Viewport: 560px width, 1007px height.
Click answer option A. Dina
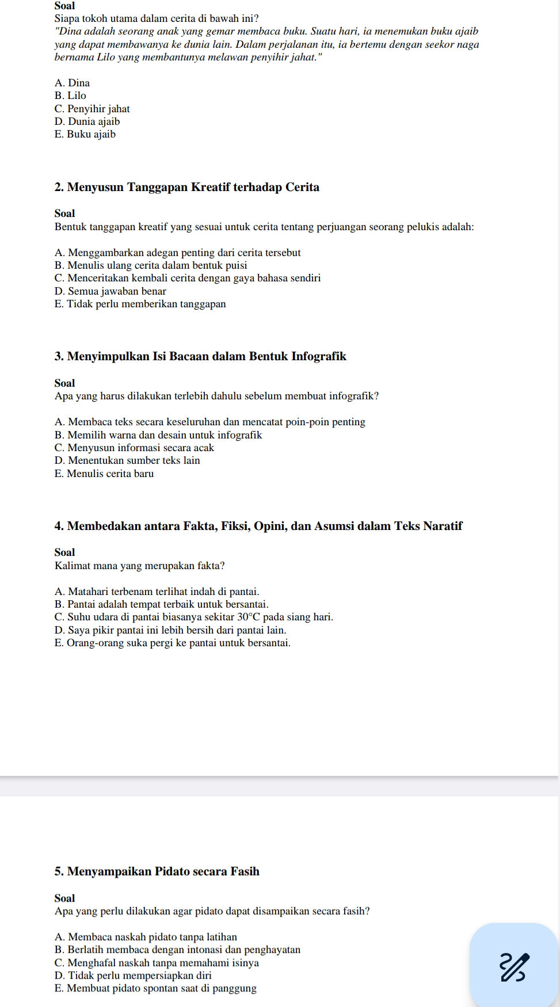tap(72, 83)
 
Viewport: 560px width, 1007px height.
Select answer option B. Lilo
tap(70, 96)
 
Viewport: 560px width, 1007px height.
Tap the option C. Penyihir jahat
tap(92, 109)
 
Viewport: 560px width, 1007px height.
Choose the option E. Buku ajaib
tap(85, 134)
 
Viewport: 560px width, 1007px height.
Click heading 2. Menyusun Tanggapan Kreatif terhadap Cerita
tap(186, 187)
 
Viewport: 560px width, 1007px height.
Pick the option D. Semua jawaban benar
tap(110, 291)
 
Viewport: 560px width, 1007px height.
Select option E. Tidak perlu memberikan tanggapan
tap(140, 304)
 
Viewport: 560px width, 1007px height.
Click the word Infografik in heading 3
tap(318, 356)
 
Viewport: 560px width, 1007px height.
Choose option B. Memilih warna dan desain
tap(158, 435)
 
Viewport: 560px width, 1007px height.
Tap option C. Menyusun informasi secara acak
tap(134, 448)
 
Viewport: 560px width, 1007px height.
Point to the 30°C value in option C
tap(249, 617)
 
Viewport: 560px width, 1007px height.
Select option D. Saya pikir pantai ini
tap(170, 630)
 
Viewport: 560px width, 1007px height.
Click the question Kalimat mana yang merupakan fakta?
tap(139, 566)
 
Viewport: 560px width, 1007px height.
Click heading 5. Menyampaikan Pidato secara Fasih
tap(157, 871)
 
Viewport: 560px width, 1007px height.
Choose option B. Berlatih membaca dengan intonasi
tap(177, 949)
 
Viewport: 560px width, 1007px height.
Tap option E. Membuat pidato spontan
tap(155, 988)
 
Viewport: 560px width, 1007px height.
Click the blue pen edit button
tap(513, 967)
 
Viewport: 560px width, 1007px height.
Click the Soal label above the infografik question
tap(64, 383)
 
